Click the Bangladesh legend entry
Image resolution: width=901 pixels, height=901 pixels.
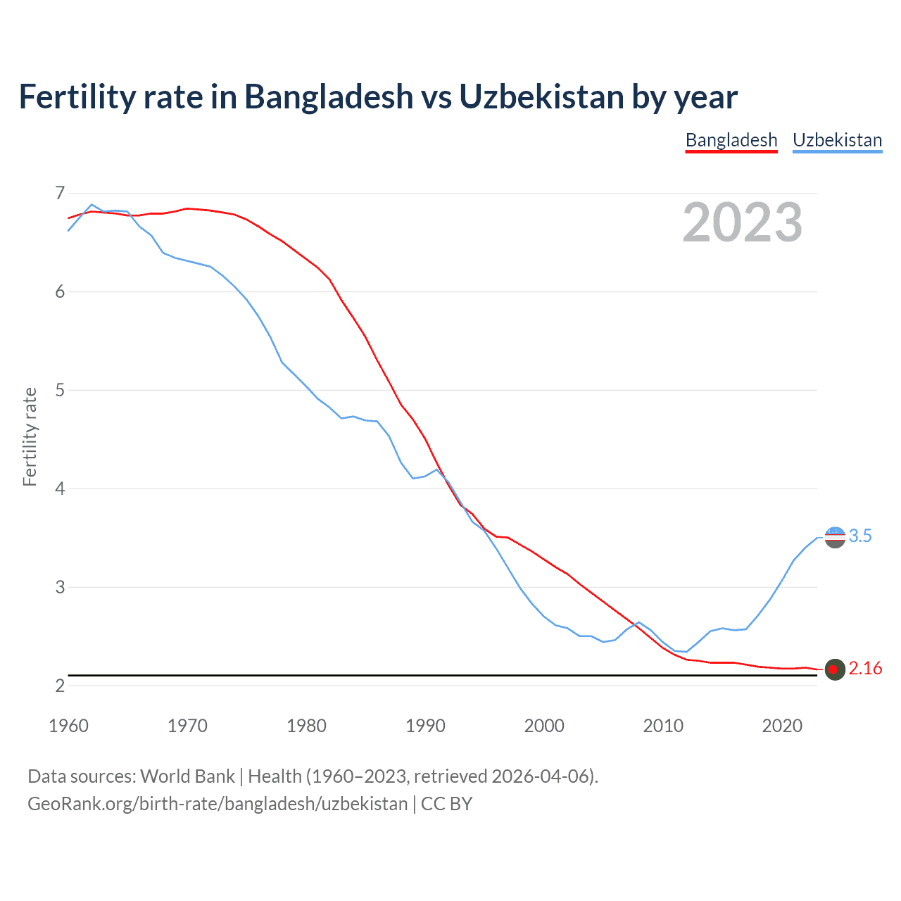(x=731, y=140)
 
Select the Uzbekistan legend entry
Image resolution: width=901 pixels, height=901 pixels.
(x=837, y=140)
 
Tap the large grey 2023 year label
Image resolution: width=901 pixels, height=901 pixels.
(x=743, y=222)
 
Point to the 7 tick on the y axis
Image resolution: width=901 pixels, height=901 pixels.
(x=60, y=193)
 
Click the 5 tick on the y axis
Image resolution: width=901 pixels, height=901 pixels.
(x=60, y=390)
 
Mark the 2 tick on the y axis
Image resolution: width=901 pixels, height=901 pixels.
(x=60, y=686)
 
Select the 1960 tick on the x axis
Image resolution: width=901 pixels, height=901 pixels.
(x=68, y=726)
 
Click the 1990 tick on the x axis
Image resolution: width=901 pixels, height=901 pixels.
(x=425, y=726)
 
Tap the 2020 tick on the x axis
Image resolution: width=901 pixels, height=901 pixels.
(x=782, y=726)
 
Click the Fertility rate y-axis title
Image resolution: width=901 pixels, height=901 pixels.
(x=30, y=436)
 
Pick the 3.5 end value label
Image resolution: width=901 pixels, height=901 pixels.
(x=860, y=536)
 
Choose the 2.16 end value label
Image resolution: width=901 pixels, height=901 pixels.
(x=865, y=669)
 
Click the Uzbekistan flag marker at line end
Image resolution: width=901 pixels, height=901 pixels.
(x=835, y=537)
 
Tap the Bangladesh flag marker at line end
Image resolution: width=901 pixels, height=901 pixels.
(x=835, y=669)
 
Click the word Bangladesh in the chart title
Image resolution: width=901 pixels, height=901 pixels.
(x=329, y=96)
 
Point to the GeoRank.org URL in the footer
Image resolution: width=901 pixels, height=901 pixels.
(x=218, y=804)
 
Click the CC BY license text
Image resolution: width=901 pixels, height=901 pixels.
(x=446, y=804)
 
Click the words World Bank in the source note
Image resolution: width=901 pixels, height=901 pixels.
(x=187, y=776)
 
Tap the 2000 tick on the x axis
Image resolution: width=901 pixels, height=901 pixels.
(x=544, y=726)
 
